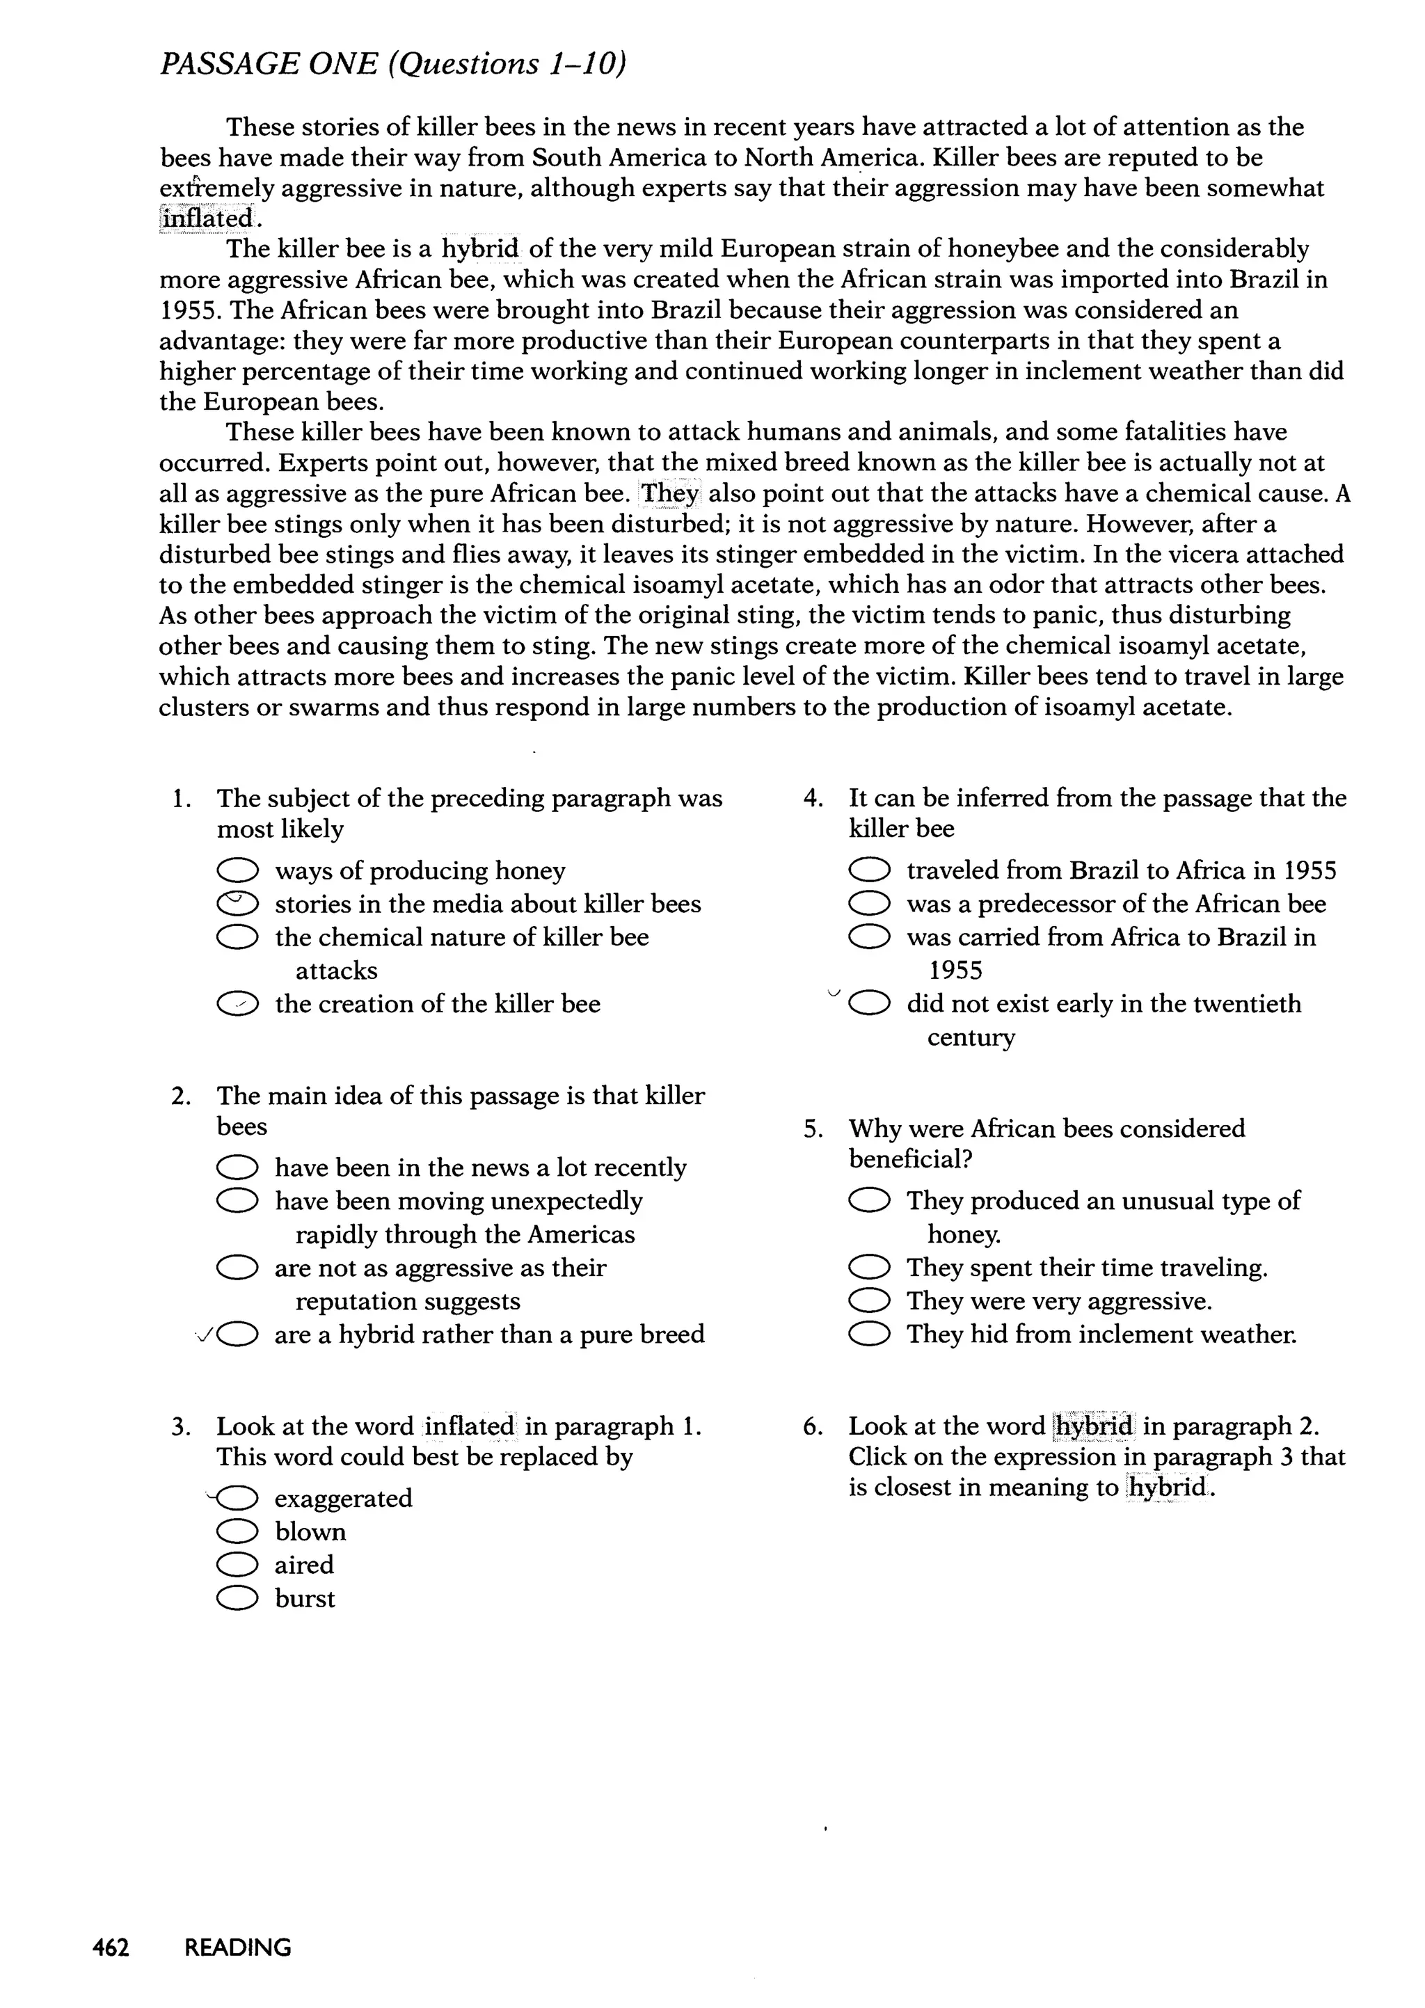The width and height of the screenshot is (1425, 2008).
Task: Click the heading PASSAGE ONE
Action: (269, 64)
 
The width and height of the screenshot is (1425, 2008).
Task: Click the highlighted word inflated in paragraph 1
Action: (208, 218)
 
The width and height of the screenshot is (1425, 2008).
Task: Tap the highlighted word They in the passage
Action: (669, 494)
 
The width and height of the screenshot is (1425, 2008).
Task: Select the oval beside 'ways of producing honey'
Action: (237, 871)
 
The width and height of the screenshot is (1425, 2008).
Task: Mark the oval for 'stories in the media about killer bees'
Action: (237, 904)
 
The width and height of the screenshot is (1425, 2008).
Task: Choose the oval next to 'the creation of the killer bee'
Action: (237, 1005)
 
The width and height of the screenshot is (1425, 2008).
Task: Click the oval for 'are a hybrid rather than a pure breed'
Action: (237, 1335)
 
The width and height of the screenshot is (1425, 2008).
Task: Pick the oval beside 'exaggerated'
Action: (237, 1498)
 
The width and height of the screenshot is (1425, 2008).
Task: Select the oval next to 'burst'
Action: (237, 1598)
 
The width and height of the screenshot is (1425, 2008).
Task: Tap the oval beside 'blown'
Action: (237, 1531)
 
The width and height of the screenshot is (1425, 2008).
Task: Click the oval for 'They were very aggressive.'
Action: (868, 1301)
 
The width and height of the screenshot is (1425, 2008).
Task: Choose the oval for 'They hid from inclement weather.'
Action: (868, 1335)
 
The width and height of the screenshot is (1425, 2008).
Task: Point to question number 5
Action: (812, 1129)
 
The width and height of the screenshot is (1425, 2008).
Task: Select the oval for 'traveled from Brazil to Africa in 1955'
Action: (868, 871)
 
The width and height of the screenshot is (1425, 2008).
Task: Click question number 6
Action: (812, 1427)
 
